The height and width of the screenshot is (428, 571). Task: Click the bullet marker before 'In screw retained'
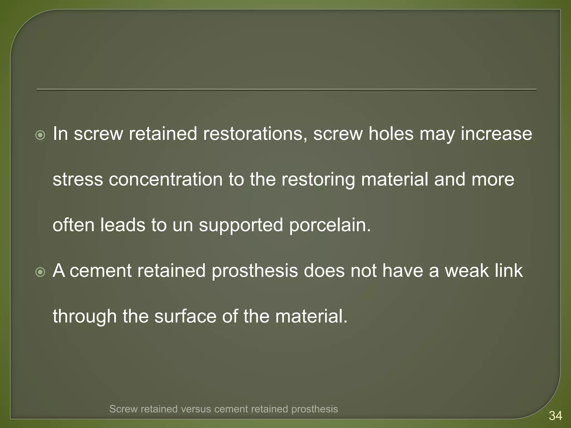click(x=40, y=135)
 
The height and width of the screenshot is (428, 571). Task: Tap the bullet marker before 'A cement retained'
click(x=40, y=272)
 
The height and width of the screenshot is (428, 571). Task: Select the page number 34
click(x=555, y=416)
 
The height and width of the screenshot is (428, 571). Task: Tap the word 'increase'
click(x=496, y=134)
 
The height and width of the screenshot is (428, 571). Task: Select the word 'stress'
click(x=78, y=179)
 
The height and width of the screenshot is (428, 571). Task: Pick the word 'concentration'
click(x=166, y=179)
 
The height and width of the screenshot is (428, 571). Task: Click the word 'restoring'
click(x=318, y=180)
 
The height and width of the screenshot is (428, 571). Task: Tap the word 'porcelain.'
click(x=330, y=225)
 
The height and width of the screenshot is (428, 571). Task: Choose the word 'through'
click(x=85, y=317)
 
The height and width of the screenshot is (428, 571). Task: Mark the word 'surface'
click(x=185, y=317)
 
